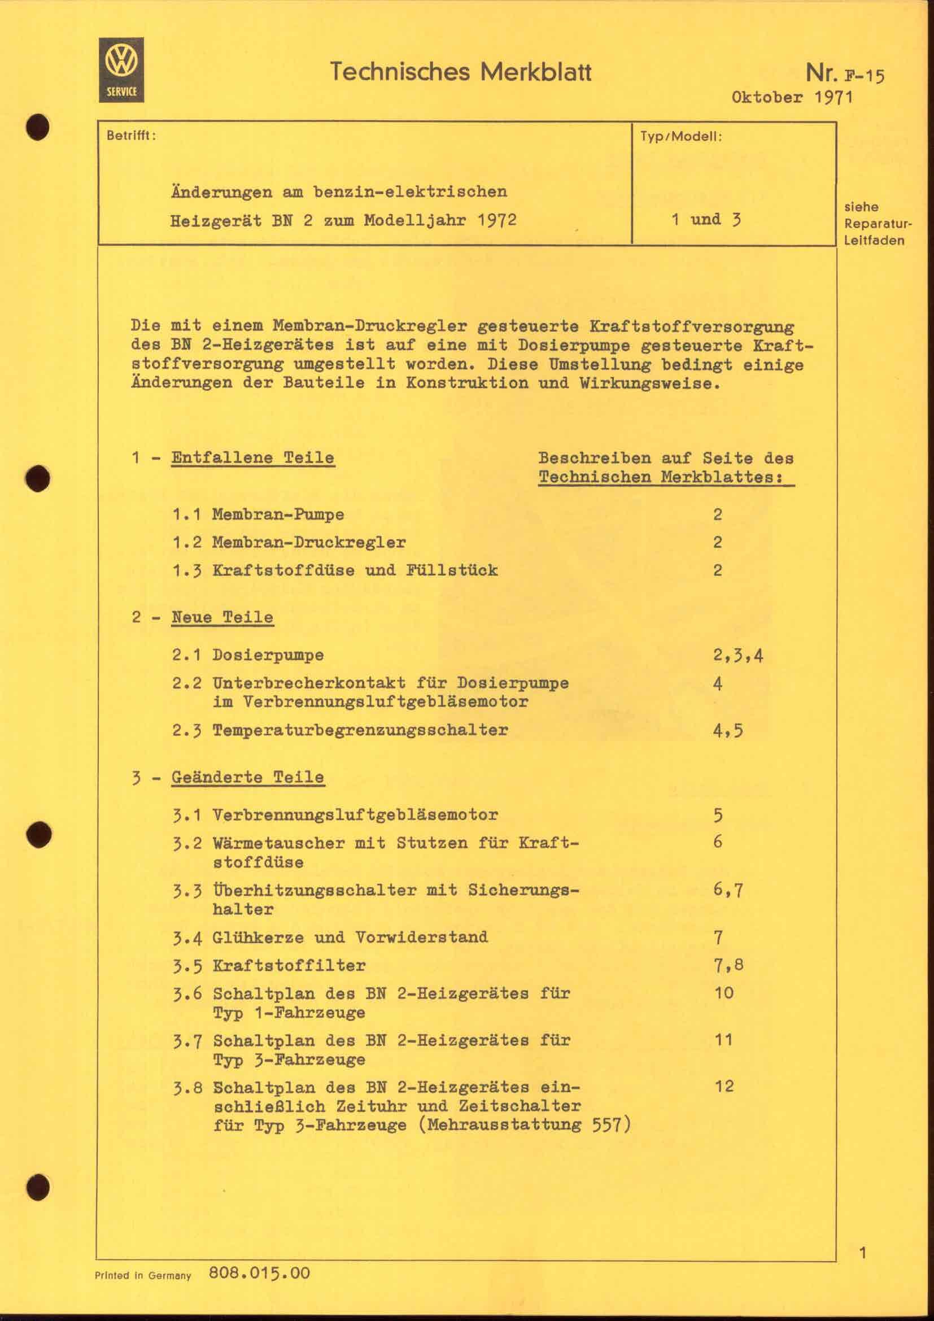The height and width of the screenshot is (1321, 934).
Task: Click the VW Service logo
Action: (x=121, y=69)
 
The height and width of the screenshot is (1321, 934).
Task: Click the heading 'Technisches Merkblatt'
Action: (x=461, y=72)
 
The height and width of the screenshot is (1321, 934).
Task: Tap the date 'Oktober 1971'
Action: (x=792, y=97)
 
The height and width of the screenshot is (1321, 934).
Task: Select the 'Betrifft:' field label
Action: (x=131, y=136)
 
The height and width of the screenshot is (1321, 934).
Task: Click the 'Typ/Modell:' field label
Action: (x=681, y=137)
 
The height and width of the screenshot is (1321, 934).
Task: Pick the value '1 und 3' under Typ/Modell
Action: (x=706, y=220)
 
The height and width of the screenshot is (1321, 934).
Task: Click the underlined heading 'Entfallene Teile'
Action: (x=252, y=458)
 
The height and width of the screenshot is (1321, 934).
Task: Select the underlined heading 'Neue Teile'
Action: (x=222, y=617)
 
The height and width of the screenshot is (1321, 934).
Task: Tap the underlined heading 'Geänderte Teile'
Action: (x=247, y=777)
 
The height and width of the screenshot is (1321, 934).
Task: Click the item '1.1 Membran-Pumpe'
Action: (x=258, y=515)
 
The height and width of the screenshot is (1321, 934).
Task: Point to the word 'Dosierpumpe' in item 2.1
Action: (x=268, y=655)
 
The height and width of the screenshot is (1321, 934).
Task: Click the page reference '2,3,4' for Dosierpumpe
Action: (x=738, y=655)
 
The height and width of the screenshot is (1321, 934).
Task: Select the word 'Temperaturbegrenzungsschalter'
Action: (x=360, y=730)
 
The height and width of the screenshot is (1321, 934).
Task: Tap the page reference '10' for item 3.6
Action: (x=724, y=992)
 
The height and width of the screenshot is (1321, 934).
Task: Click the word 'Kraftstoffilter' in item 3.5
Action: (x=289, y=965)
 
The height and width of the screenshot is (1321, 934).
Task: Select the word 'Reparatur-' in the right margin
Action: (x=878, y=224)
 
